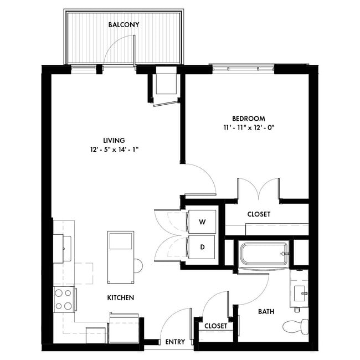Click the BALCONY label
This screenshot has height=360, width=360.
[124, 25]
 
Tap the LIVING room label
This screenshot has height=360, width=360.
[114, 140]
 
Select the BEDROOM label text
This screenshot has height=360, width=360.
[248, 119]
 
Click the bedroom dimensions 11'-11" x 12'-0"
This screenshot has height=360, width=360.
[248, 127]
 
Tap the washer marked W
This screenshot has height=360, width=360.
[202, 222]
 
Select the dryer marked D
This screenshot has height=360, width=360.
[202, 247]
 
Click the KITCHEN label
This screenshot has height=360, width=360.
[120, 298]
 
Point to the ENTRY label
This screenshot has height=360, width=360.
[175, 342]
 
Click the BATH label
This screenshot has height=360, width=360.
[266, 312]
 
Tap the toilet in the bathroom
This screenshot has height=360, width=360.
[294, 326]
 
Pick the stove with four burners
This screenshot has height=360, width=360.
[64, 299]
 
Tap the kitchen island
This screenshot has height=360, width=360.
[121, 250]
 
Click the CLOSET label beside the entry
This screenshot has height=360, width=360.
[215, 326]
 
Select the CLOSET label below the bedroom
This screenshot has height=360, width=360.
[259, 214]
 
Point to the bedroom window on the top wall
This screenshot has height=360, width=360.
[243, 69]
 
